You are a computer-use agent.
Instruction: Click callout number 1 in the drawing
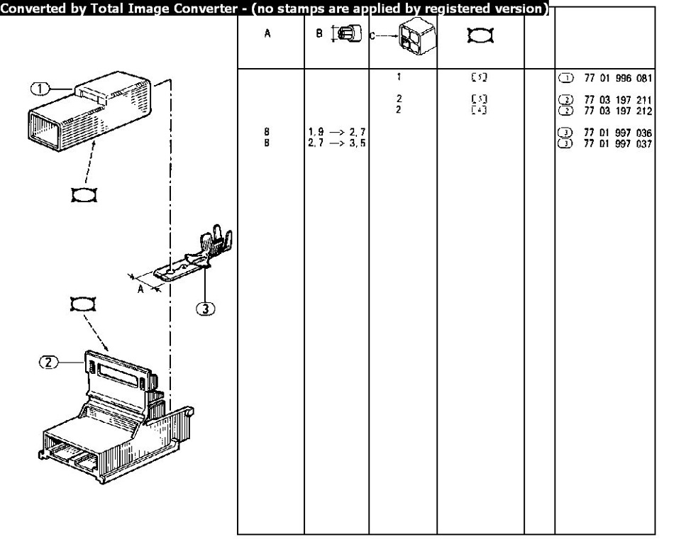[x=41, y=88]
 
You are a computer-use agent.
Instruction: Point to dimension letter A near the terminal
[x=140, y=289]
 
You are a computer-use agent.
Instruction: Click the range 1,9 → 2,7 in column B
[x=336, y=133]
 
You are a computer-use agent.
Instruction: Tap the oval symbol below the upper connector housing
[x=83, y=195]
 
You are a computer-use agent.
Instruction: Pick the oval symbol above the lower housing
[x=82, y=304]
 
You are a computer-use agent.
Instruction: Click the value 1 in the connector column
[x=399, y=77]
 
